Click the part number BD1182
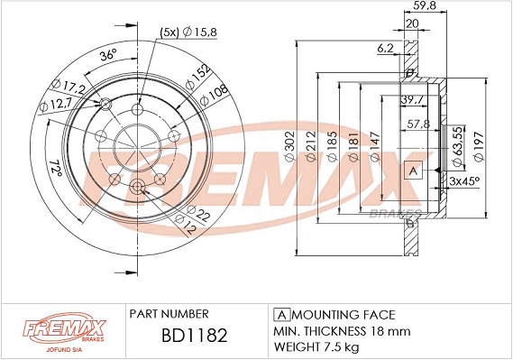pos(195,335)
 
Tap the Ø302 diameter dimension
pos(290,146)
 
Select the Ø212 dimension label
pos(311,146)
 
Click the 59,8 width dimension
pos(425,5)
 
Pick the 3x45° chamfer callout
pos(464,180)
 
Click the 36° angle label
pos(108,55)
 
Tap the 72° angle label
pos(56,169)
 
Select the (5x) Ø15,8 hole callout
pos(188,32)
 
